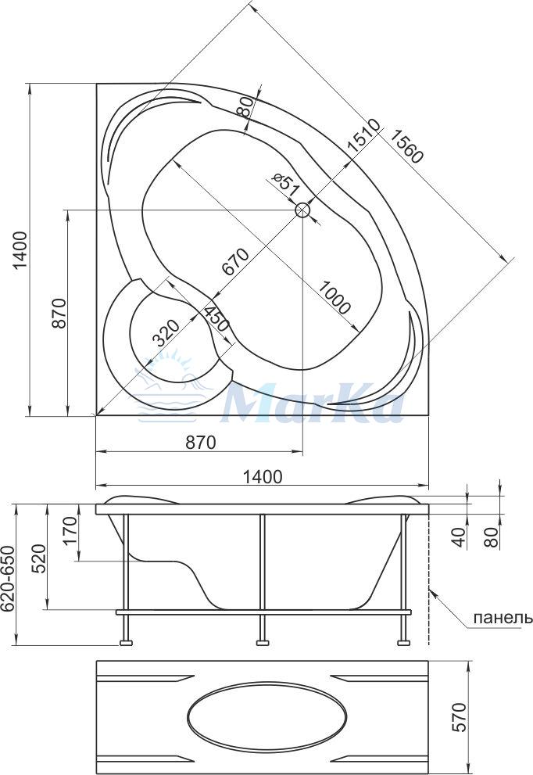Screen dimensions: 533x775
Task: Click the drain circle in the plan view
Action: [x=302, y=210]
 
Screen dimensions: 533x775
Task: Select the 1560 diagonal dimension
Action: [x=405, y=145]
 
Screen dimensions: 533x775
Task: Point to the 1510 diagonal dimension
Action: [x=363, y=135]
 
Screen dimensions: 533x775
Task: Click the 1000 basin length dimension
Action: [x=334, y=297]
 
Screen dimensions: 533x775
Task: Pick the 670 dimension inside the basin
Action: [x=235, y=261]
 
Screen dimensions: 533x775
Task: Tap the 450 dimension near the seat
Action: [x=216, y=319]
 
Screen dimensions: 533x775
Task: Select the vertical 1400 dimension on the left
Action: [x=20, y=250]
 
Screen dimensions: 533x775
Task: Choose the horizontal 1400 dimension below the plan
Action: [x=263, y=476]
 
